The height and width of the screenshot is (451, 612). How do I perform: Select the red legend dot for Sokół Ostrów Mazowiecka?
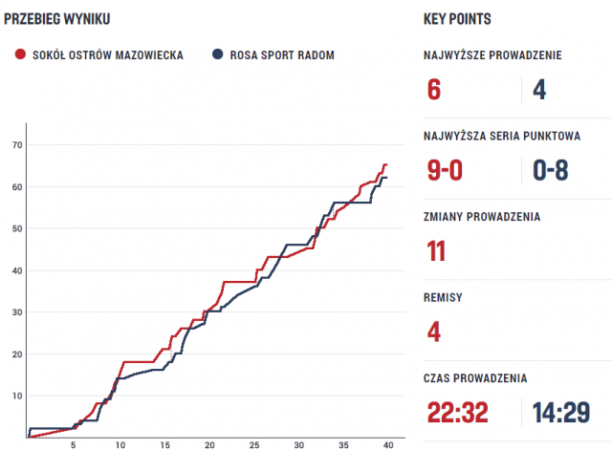click(x=20, y=54)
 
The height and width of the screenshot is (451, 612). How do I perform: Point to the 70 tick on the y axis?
click(x=17, y=144)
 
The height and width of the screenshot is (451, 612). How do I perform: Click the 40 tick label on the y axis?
click(x=17, y=270)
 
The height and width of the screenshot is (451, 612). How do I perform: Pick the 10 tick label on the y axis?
click(x=17, y=396)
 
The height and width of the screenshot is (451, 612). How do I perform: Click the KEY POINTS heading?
click(x=457, y=19)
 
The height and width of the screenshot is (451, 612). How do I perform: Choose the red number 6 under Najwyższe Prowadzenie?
click(x=434, y=89)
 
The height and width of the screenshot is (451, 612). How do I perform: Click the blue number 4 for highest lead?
click(x=538, y=89)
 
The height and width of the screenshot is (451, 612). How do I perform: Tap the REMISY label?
click(x=443, y=297)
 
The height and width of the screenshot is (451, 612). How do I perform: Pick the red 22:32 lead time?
click(x=460, y=413)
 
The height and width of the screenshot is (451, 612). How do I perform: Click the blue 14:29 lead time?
click(x=561, y=413)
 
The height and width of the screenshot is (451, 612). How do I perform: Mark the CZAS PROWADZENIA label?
click(x=474, y=378)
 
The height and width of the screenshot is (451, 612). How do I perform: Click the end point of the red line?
click(x=385, y=164)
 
